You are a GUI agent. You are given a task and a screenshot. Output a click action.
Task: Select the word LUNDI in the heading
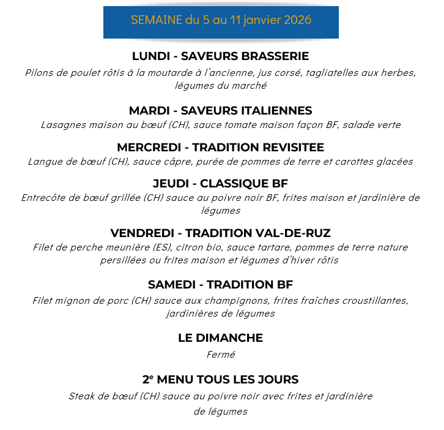(150, 56)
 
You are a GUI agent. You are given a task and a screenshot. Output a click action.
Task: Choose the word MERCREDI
(151, 148)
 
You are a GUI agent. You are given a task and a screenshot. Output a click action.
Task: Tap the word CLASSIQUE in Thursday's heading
(234, 184)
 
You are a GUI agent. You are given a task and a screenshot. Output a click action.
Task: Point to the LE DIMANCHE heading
(220, 338)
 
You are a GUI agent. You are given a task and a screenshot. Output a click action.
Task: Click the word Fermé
(220, 355)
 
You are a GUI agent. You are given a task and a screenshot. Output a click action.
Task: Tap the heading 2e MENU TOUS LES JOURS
(220, 380)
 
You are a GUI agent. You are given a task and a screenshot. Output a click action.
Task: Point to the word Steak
(82, 396)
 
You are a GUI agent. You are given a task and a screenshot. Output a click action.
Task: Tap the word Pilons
(39, 72)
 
